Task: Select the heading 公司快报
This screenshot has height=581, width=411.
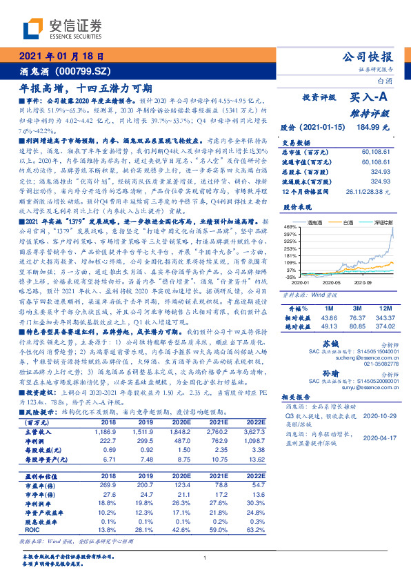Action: click(x=371, y=57)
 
